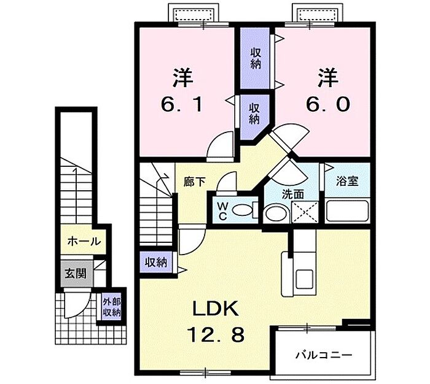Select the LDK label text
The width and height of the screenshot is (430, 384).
(x=213, y=309)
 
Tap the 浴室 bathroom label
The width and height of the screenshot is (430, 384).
(x=347, y=182)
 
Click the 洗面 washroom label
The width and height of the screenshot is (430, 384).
(x=292, y=193)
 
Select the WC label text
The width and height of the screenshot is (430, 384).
(x=222, y=210)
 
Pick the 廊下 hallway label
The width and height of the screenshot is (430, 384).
(x=195, y=182)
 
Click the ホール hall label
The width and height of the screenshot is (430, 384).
(x=83, y=241)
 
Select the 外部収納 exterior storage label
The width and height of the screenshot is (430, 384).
(x=111, y=307)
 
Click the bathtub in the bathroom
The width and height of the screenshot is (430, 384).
(x=347, y=211)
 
